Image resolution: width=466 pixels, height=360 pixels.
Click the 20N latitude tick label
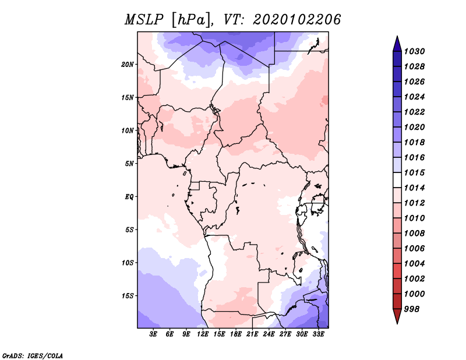click(128, 65)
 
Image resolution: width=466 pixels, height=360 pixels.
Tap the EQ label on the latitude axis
click(129, 197)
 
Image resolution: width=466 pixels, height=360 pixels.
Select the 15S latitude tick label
click(128, 296)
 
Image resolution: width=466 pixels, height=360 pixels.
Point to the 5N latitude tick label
click(129, 164)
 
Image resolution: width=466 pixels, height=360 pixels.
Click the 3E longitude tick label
click(153, 334)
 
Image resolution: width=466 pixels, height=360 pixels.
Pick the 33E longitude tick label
click(318, 334)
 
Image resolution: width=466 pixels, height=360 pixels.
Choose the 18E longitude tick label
click(236, 334)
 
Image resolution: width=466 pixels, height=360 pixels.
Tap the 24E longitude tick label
click(269, 334)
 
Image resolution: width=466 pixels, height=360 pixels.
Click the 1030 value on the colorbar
click(415, 51)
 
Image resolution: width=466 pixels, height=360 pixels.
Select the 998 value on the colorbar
click(412, 309)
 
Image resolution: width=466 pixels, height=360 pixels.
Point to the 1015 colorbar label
click(415, 172)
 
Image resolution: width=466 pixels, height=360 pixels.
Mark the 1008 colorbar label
click(415, 234)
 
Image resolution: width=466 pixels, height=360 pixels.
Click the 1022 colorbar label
click(415, 112)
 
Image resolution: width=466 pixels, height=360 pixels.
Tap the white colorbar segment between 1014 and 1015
click(397, 180)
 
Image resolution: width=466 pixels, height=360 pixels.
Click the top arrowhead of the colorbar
click(397, 44)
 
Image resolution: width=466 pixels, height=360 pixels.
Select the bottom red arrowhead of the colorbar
click(397, 316)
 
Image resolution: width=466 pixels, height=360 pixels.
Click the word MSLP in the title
click(144, 20)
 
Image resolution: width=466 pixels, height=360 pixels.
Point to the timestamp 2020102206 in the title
click(296, 20)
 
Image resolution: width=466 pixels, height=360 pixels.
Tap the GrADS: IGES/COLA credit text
click(33, 355)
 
